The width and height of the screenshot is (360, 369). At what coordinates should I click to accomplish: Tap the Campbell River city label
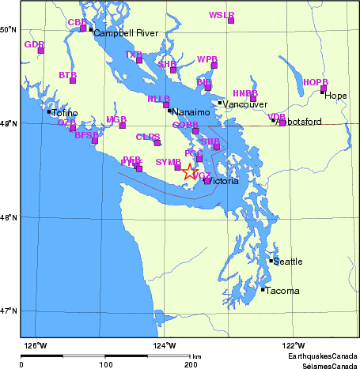pyautogui.click(x=127, y=34)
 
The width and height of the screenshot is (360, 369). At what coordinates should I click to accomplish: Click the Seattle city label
pyautogui.click(x=288, y=262)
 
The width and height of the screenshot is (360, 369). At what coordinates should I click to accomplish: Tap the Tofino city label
pyautogui.click(x=65, y=113)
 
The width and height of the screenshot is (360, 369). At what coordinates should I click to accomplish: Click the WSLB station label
pyautogui.click(x=222, y=15)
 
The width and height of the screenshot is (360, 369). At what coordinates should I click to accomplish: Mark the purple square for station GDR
pyautogui.click(x=41, y=51)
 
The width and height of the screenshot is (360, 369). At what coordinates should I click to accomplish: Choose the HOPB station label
pyautogui.click(x=315, y=82)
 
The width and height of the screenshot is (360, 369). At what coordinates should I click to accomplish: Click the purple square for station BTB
pyautogui.click(x=73, y=80)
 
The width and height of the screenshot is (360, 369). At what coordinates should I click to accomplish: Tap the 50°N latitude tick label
pyautogui.click(x=9, y=30)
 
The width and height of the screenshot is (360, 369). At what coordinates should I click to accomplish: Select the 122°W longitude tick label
pyautogui.click(x=294, y=345)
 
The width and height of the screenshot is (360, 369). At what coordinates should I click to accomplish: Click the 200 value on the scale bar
pyautogui.click(x=191, y=365)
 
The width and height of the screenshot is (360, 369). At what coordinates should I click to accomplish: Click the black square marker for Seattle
pyautogui.click(x=271, y=261)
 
